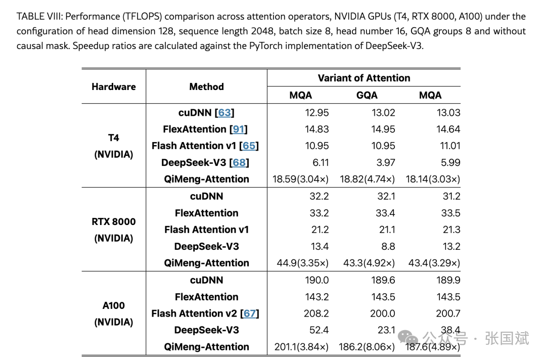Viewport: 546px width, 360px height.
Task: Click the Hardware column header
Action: (114, 86)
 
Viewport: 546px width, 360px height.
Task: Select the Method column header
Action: (206, 86)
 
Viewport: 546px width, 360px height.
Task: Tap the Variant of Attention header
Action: (363, 78)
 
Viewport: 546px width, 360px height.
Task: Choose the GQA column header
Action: (367, 95)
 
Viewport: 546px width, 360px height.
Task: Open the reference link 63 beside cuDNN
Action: (224, 112)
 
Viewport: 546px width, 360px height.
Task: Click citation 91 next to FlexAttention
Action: (239, 129)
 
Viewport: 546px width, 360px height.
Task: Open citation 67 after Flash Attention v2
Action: (250, 313)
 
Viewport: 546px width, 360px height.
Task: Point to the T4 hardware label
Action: (114, 138)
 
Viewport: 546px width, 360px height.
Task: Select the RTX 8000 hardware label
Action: (114, 221)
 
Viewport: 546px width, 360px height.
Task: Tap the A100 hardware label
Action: (114, 305)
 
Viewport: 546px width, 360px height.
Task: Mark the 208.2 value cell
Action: (316, 313)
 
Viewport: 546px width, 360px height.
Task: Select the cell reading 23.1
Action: (386, 330)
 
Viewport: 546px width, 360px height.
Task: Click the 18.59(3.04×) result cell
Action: (300, 179)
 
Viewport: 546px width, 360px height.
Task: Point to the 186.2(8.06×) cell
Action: (367, 347)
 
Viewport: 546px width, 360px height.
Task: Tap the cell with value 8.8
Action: (388, 246)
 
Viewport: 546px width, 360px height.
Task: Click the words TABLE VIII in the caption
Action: (37, 16)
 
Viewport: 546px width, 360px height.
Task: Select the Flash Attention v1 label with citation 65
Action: (205, 146)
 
